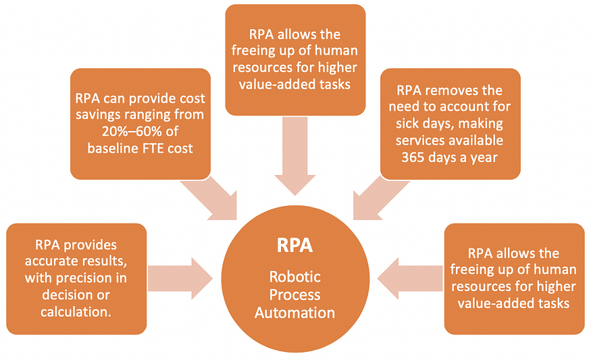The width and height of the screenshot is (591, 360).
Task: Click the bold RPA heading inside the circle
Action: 295,245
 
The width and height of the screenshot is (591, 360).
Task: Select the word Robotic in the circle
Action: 295,276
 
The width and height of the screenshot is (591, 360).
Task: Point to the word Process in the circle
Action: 295,294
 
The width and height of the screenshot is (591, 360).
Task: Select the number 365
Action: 399,157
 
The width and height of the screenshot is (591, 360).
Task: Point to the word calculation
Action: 75,311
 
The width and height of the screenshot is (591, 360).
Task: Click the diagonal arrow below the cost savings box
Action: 215,199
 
